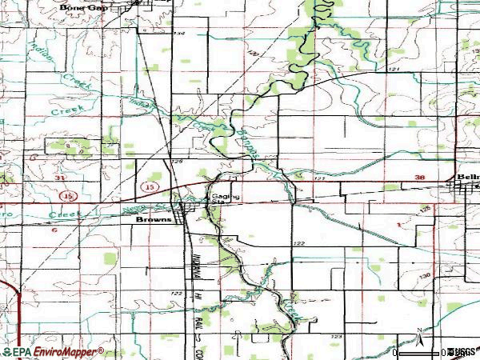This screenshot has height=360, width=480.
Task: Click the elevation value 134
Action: (178, 34)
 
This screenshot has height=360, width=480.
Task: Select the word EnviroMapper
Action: (70, 351)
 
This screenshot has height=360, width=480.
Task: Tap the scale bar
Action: (416, 350)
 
